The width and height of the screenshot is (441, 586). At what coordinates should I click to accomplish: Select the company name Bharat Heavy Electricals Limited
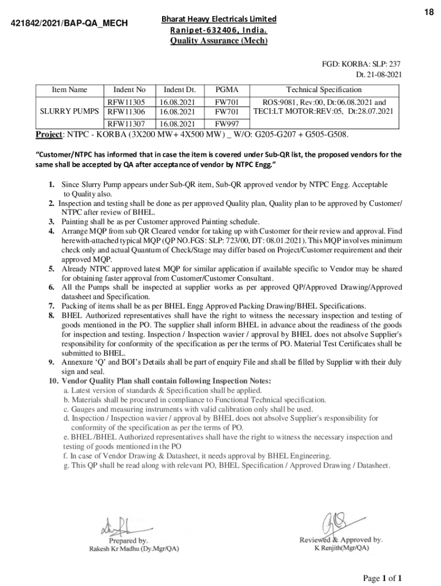(x=219, y=19)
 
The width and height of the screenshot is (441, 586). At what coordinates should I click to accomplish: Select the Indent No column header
(x=129, y=90)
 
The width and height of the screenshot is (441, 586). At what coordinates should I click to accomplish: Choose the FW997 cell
(x=226, y=124)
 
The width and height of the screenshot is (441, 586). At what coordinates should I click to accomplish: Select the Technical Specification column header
(x=324, y=90)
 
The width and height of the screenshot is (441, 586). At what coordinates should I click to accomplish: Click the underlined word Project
(x=49, y=134)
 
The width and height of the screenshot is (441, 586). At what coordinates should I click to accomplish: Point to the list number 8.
(x=51, y=315)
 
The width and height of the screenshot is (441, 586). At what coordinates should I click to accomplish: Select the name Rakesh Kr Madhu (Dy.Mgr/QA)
(x=133, y=548)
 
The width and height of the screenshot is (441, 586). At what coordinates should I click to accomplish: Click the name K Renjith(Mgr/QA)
(x=342, y=548)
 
